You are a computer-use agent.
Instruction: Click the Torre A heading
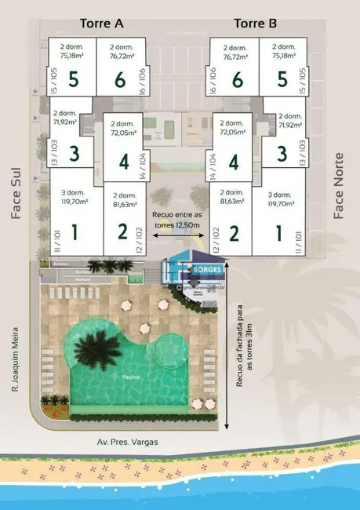click(x=102, y=24)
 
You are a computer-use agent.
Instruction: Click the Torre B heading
click(x=256, y=24)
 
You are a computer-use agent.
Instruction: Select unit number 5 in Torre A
click(x=73, y=79)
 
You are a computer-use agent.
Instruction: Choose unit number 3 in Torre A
click(x=75, y=154)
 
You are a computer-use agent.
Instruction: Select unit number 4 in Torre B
click(x=232, y=162)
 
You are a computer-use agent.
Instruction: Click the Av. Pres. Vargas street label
click(x=125, y=442)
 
